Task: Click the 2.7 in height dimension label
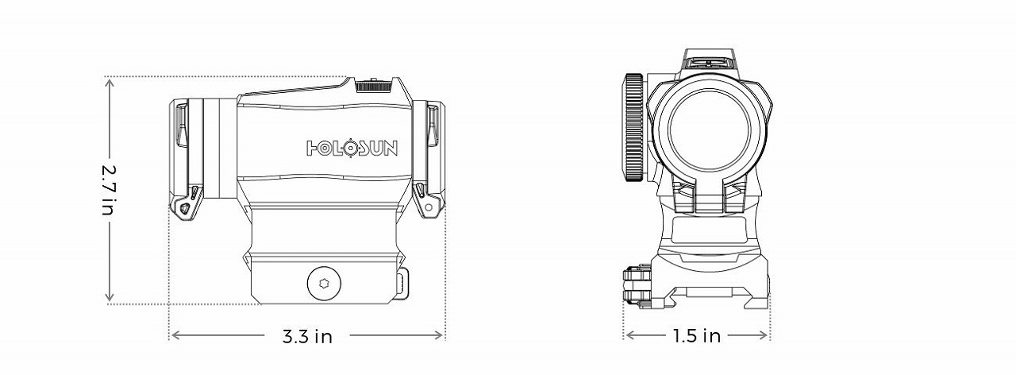(109, 191)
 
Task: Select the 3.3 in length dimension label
(307, 336)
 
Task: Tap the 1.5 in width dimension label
(696, 336)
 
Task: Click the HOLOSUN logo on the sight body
(352, 149)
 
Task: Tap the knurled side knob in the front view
(633, 127)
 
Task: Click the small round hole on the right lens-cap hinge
(429, 207)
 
